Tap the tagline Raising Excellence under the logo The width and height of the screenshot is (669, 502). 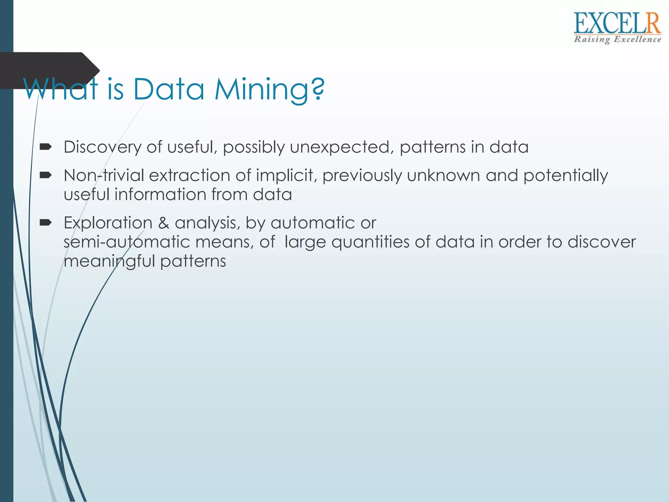[x=617, y=40]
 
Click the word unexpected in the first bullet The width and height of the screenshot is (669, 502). [x=340, y=147]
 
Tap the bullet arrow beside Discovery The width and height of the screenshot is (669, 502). [x=45, y=147]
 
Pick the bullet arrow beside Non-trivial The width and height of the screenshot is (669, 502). [x=45, y=176]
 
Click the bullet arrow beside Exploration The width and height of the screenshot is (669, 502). [x=45, y=223]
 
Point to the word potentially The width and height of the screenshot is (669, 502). [x=565, y=176]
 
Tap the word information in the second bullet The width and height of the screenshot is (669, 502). [x=160, y=194]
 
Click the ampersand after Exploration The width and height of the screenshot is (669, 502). [x=163, y=223]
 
